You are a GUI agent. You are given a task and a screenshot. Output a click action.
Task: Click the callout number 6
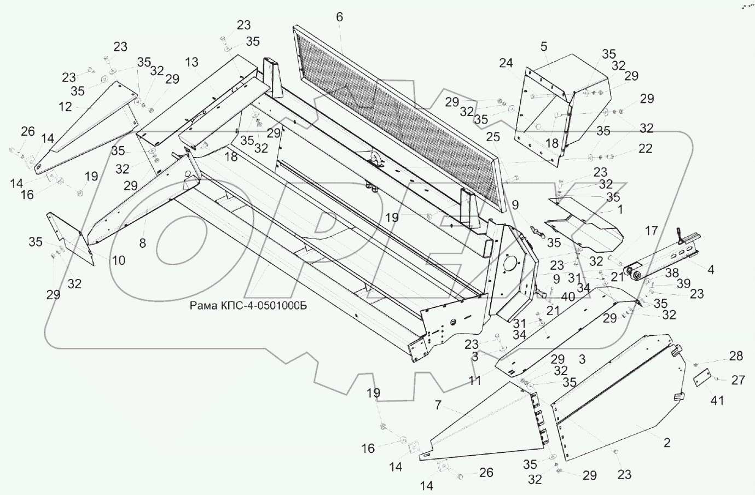pos(339,17)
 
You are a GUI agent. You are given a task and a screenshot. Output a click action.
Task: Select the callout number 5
pos(543,46)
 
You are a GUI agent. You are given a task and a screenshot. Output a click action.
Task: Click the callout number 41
pos(717,400)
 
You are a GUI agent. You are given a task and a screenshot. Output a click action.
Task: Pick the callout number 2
pos(667,442)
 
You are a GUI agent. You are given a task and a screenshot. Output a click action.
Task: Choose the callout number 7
pos(438,405)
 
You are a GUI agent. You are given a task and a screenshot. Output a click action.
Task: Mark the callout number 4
pos(711,269)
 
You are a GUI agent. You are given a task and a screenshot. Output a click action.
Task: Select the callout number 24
pos(506,63)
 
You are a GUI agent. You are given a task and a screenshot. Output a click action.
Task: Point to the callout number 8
pos(142,244)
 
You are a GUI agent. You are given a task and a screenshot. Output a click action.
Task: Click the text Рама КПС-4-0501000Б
pos(248,306)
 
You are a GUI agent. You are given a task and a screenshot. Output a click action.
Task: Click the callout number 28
pos(736,357)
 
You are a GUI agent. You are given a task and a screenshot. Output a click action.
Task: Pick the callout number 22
pos(646,148)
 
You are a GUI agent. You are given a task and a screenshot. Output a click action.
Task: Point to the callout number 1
pos(619,208)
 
